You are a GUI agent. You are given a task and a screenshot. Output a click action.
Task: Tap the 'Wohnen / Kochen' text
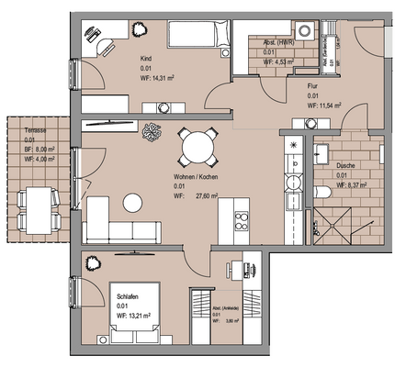(x=195, y=175)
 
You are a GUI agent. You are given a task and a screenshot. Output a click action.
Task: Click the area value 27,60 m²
(x=208, y=196)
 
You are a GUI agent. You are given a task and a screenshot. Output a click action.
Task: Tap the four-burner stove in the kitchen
(x=242, y=221)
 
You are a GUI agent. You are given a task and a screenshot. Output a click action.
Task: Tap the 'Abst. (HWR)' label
(x=278, y=42)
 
